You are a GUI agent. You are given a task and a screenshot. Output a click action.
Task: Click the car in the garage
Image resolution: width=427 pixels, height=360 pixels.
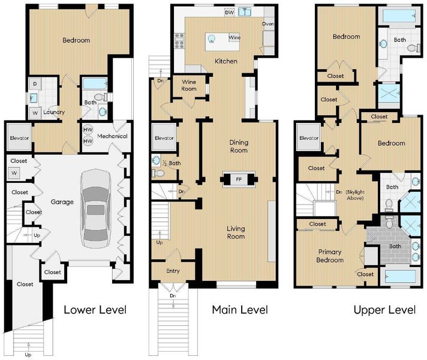pos(96,208)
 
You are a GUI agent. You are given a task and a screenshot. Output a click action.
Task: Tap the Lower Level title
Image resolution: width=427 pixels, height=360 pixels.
pos(95,310)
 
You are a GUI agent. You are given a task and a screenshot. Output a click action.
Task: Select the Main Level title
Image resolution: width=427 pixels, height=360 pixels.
pos(240,310)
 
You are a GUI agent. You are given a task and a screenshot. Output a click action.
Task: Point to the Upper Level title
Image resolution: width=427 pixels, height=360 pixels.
pos(384,310)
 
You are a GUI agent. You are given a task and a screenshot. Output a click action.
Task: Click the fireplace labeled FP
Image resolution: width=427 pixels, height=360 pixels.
pos(239,179)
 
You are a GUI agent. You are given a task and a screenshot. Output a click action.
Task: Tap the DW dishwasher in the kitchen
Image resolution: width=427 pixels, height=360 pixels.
pos(229,12)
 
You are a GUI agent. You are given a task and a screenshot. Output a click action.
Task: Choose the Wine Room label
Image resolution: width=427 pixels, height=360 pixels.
pos(189,85)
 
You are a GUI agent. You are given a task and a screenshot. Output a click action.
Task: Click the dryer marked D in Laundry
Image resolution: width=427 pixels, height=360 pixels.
pos(35,84)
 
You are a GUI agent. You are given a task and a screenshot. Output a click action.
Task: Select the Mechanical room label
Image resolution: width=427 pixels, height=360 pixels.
pos(112,136)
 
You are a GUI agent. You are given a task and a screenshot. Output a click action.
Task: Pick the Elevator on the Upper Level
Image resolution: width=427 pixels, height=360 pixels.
pos(308,137)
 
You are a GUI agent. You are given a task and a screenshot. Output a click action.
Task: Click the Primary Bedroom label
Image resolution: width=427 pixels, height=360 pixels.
pos(330,256)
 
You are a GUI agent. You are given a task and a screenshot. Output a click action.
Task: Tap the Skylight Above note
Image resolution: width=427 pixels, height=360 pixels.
pos(355,195)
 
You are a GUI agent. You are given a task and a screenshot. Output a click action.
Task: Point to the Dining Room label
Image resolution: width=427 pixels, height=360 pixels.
pos(239,146)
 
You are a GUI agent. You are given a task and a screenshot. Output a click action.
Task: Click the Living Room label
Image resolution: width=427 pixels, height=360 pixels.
pos(236,232)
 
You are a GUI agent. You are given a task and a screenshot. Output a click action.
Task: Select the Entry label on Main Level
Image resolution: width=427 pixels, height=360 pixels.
pos(173,271)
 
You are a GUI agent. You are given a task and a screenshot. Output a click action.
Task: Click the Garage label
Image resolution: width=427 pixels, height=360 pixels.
pos(62,202)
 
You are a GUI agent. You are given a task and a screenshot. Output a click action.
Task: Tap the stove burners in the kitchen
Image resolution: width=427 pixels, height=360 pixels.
pos(179,41)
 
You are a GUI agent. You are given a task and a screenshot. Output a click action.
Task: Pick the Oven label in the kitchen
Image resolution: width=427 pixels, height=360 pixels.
pos(268,24)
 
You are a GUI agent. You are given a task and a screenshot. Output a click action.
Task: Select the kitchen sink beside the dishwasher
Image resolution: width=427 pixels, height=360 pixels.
pos(245,12)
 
